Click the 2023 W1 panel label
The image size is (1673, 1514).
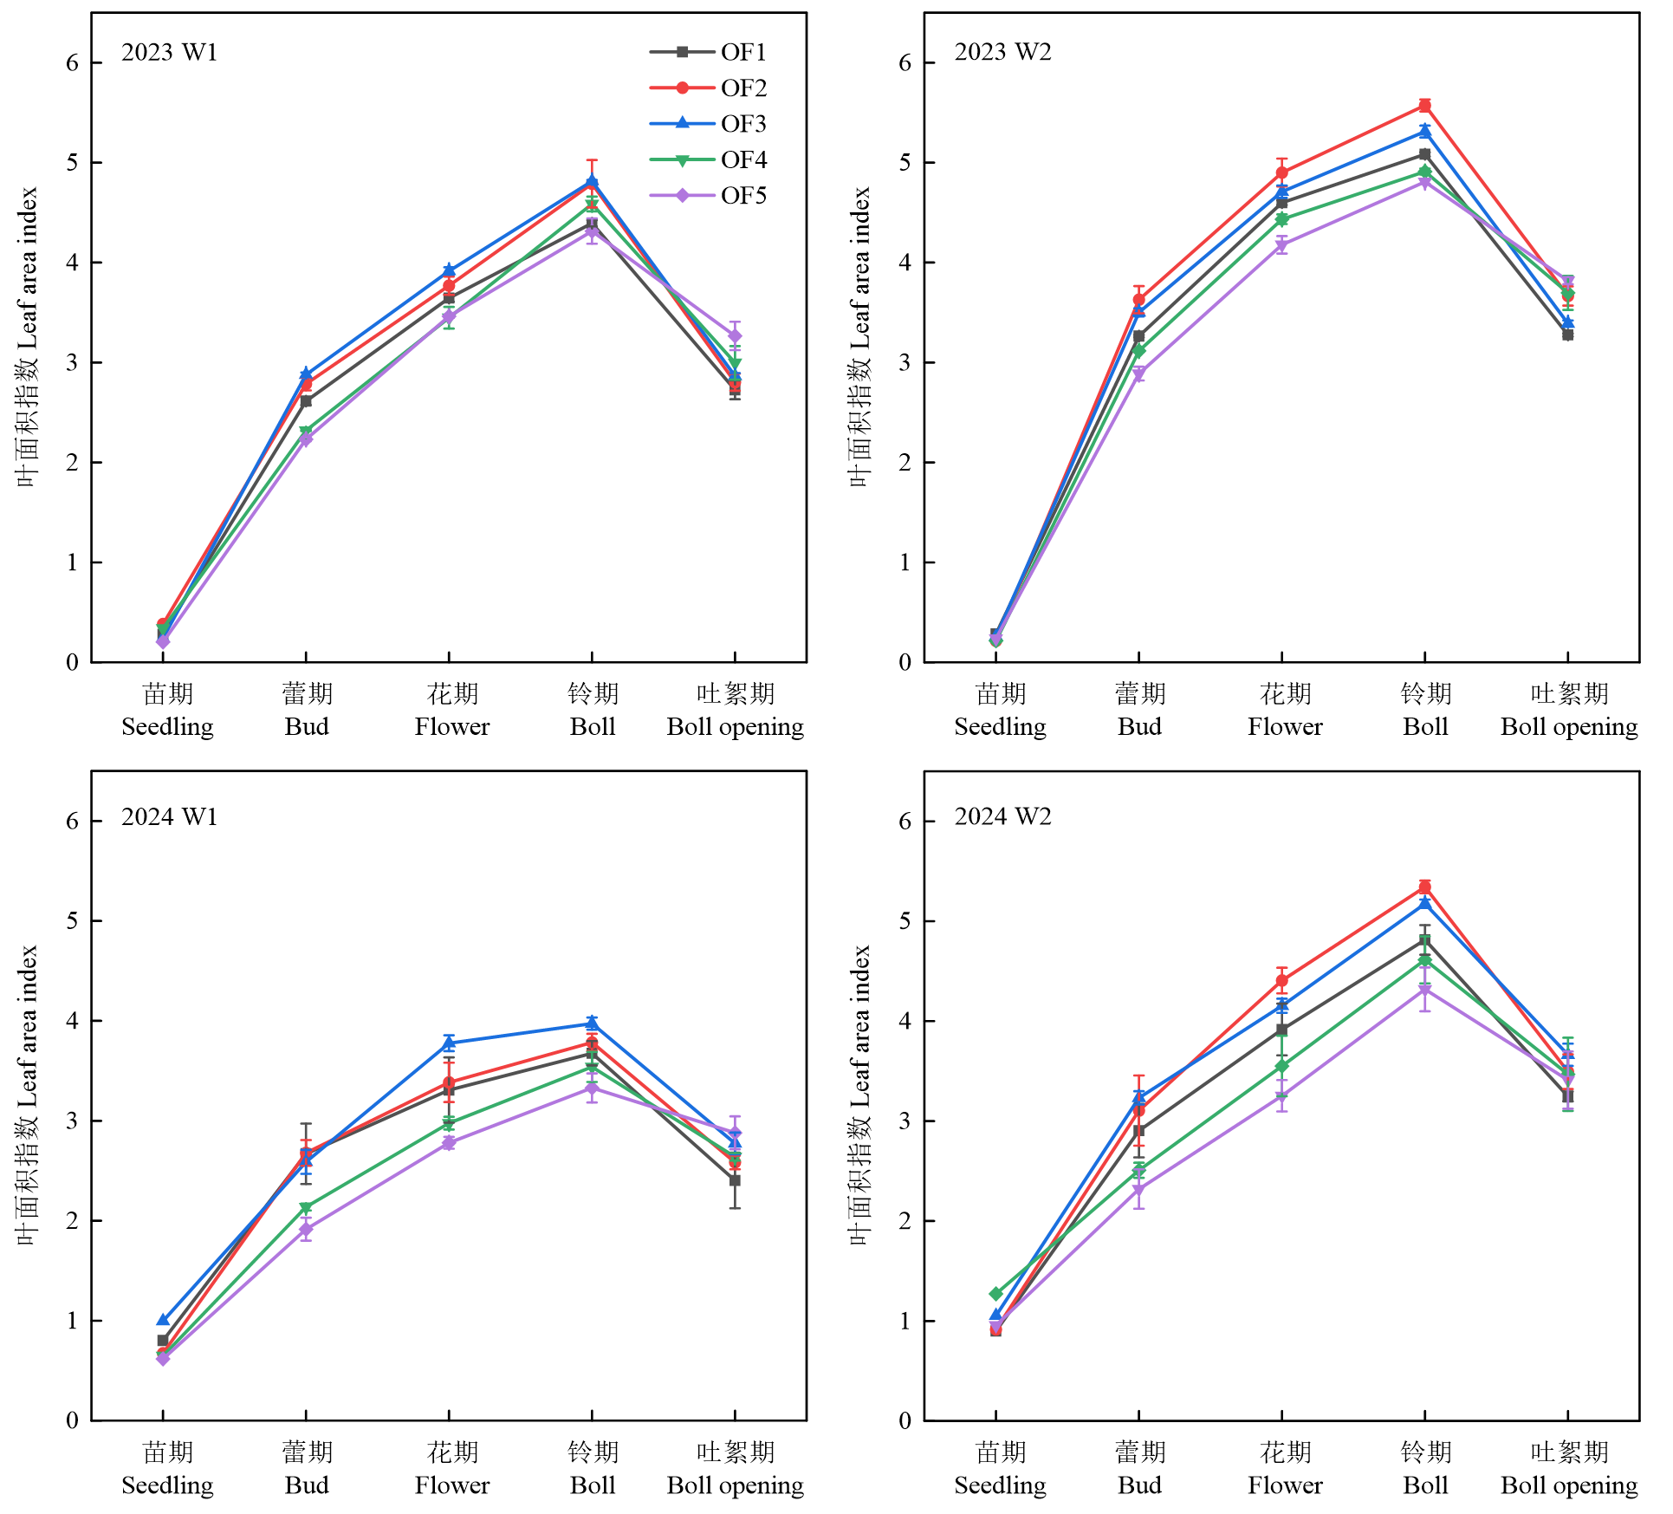click(x=169, y=52)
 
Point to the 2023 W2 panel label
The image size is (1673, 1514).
click(x=1002, y=52)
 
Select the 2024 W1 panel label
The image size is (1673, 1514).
click(x=169, y=816)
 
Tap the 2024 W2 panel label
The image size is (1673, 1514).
click(x=1002, y=816)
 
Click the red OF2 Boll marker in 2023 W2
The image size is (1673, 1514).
click(x=1424, y=106)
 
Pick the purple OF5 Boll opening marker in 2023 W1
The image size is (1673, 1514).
click(x=735, y=335)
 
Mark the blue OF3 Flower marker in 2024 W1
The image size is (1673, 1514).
click(x=449, y=1043)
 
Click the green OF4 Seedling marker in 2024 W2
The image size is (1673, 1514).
click(x=995, y=1294)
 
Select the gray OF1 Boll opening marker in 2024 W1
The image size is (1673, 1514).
click(x=735, y=1180)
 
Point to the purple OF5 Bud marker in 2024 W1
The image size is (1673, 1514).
click(x=306, y=1229)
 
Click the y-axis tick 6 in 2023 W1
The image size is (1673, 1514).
click(x=73, y=63)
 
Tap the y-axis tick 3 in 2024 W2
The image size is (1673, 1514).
click(x=905, y=1121)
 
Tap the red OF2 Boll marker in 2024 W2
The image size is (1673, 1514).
click(x=1424, y=887)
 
